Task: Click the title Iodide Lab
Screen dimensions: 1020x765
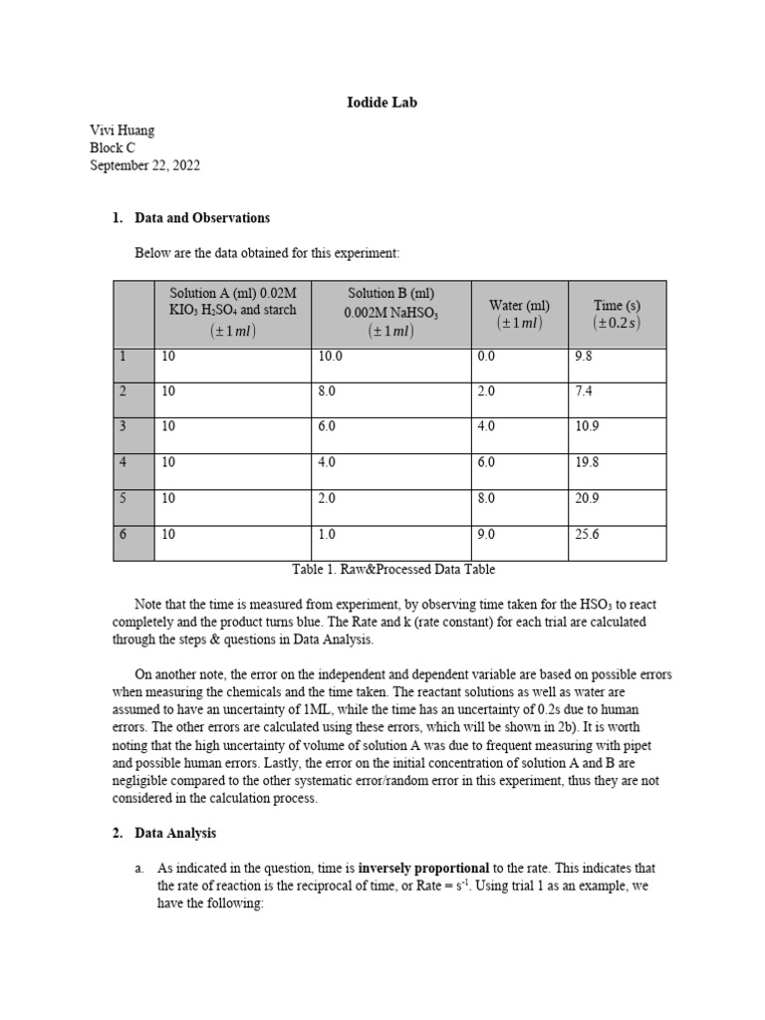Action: pos(382,103)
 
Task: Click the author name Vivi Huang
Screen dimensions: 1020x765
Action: pos(123,130)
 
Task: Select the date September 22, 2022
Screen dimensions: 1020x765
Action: pos(144,166)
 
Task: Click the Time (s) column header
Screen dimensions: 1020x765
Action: pos(617,314)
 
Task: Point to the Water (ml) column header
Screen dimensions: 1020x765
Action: pos(519,314)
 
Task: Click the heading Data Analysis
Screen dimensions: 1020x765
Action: pos(175,833)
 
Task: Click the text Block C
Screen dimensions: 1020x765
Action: pos(113,148)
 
